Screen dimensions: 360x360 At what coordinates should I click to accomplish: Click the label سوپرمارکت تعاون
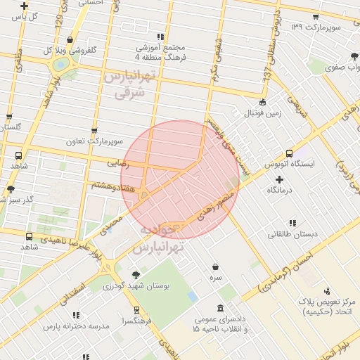tap(110, 141)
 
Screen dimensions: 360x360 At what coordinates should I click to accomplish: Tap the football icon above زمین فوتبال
tap(262, 102)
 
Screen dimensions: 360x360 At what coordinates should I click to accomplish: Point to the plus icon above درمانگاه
tap(279, 179)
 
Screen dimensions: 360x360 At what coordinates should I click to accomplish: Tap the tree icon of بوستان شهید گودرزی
tap(135, 275)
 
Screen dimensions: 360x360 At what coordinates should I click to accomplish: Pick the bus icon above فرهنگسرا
tap(136, 309)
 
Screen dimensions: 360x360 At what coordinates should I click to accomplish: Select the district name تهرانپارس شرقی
tap(127, 84)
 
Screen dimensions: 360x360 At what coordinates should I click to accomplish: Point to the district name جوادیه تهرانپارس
tap(160, 239)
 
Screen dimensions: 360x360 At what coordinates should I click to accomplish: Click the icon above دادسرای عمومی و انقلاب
tap(221, 308)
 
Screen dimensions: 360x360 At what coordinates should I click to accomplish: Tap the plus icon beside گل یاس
tap(24, 6)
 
